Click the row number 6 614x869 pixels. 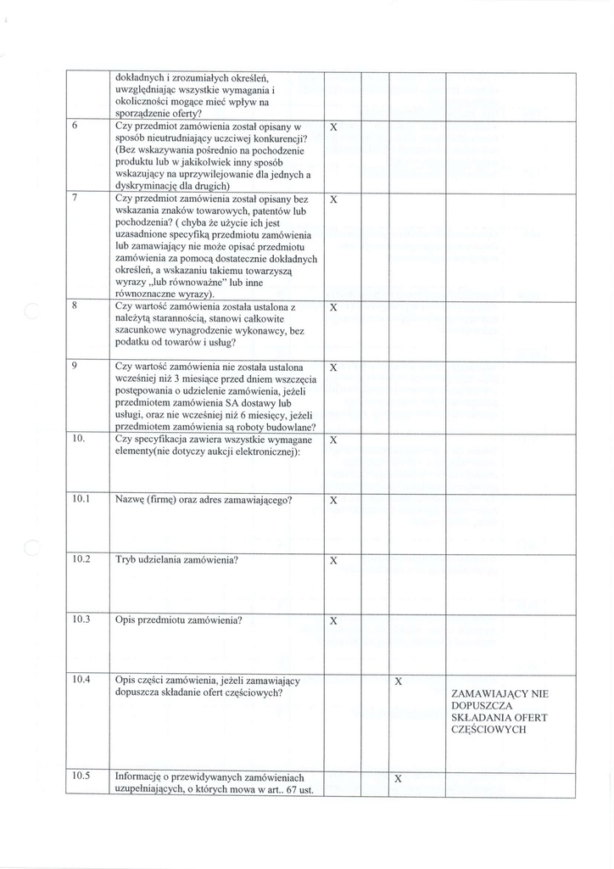(75, 126)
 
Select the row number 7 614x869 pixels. (75, 198)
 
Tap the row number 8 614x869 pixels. (75, 306)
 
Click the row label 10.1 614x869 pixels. (81, 499)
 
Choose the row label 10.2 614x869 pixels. (81, 559)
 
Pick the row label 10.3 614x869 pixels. (81, 620)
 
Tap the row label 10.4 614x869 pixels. (81, 680)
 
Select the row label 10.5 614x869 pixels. (81, 776)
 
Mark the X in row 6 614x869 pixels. (333, 127)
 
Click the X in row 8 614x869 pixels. (333, 307)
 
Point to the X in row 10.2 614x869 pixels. (333, 561)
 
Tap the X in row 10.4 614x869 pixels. (398, 681)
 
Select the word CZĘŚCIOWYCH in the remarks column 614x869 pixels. (489, 729)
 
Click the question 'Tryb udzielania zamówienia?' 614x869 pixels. (176, 560)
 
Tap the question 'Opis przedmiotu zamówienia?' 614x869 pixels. (179, 620)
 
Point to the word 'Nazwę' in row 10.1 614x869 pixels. (130, 500)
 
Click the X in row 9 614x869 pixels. (333, 368)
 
